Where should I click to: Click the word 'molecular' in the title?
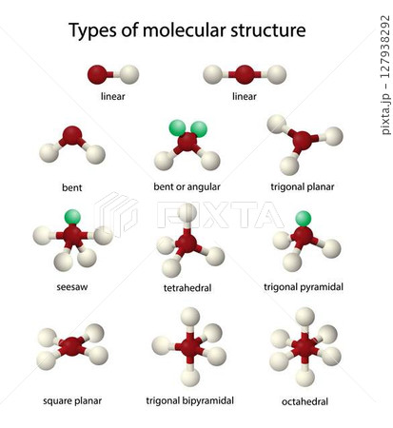185,30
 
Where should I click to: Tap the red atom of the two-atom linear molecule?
97,74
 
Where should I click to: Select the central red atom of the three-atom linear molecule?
245,74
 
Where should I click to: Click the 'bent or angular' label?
187,186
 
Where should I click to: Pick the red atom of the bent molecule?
72,136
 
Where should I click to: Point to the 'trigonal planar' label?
303,186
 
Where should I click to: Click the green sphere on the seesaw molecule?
72,217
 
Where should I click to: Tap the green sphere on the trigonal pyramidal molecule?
304,219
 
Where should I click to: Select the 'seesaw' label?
72,287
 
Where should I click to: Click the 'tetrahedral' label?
187,288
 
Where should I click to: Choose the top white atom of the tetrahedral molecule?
187,213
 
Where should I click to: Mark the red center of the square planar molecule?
72,346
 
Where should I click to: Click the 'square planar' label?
72,401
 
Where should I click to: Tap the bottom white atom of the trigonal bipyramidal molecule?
190,378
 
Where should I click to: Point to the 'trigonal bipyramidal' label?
190,400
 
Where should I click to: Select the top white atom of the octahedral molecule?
305,317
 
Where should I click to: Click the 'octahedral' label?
305,401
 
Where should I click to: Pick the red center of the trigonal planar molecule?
302,141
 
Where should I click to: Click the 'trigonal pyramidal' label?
304,287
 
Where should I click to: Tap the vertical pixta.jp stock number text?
385,75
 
